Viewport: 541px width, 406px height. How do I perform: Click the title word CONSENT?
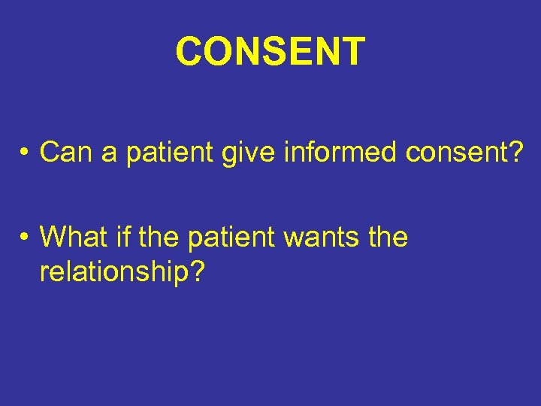(x=270, y=51)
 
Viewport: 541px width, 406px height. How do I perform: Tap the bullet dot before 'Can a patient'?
(x=25, y=153)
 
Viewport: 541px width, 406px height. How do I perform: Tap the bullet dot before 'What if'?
(x=25, y=238)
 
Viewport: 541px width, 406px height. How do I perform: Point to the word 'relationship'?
(x=113, y=272)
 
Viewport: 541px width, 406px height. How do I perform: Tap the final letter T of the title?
(x=352, y=51)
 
